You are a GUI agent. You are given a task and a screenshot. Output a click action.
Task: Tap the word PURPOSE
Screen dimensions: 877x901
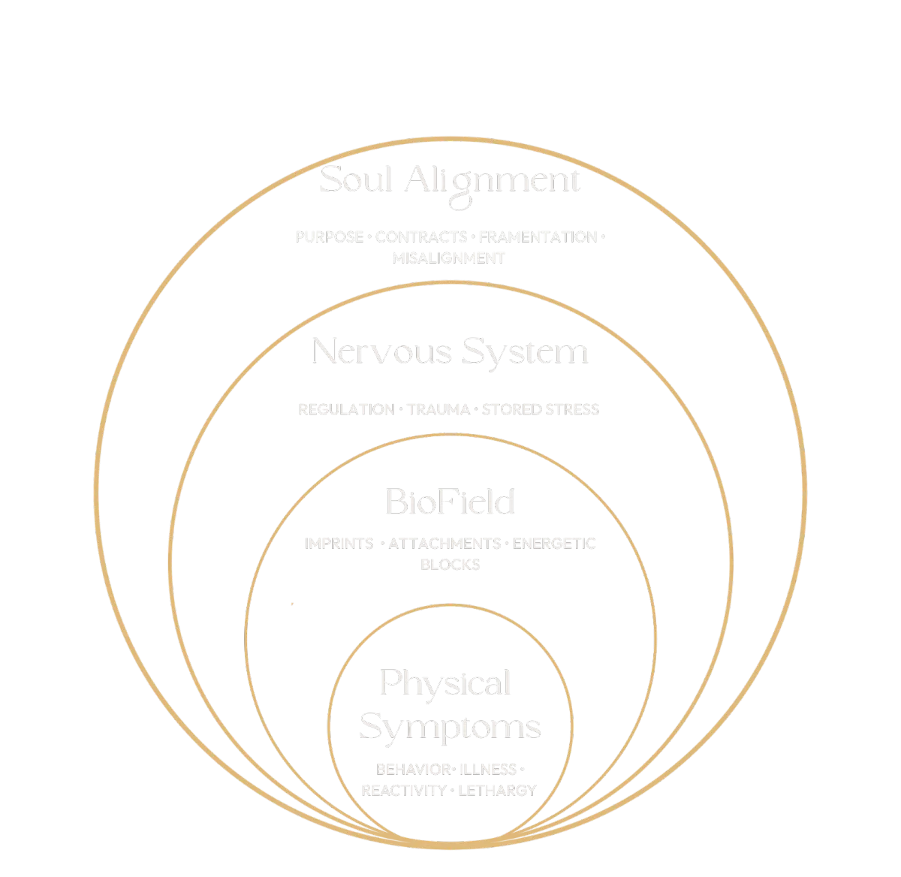(329, 237)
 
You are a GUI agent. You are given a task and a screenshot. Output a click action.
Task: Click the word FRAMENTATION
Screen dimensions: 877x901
(537, 237)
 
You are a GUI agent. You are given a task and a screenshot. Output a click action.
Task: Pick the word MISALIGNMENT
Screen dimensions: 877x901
(449, 258)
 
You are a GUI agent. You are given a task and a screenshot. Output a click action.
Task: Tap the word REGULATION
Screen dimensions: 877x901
(345, 409)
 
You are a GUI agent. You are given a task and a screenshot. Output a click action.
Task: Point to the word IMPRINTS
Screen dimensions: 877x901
(339, 544)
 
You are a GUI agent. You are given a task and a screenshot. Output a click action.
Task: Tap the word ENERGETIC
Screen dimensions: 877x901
(554, 544)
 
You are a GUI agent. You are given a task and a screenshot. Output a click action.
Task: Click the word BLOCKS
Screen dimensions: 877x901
(450, 564)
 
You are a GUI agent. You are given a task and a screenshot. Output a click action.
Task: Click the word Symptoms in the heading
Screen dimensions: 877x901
(450, 727)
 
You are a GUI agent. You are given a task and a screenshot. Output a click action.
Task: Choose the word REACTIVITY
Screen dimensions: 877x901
(403, 790)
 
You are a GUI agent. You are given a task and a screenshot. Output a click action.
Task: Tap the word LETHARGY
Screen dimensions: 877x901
(496, 790)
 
